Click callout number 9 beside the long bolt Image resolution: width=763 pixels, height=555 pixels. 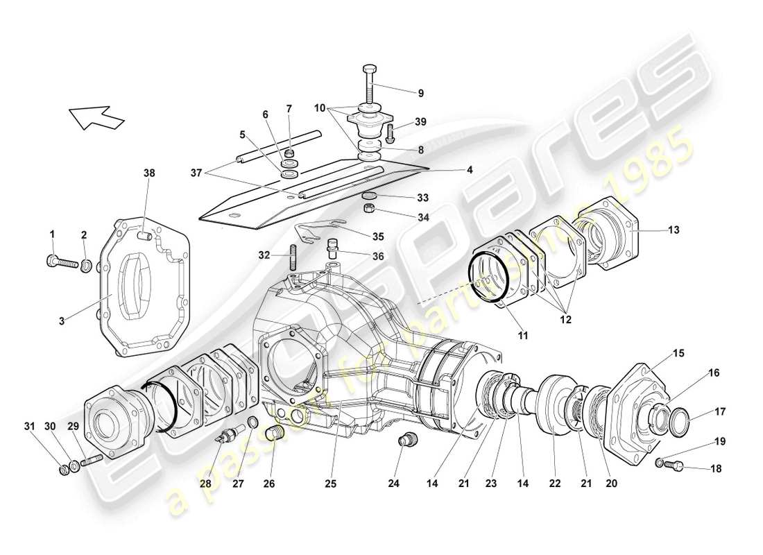420,93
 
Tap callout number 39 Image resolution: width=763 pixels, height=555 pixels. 420,121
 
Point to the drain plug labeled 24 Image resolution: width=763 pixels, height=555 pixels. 409,440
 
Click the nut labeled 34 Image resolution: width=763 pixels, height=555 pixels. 370,209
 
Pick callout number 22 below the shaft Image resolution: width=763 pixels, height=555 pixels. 554,484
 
